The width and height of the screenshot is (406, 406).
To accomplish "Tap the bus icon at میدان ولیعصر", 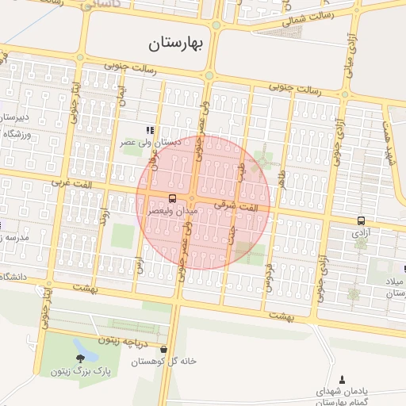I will [x=173, y=198].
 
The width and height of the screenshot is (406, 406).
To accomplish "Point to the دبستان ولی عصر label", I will [x=151, y=143].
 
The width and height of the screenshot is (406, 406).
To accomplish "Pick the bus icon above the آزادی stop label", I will [x=362, y=221].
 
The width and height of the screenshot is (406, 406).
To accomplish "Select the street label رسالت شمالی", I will [x=330, y=16].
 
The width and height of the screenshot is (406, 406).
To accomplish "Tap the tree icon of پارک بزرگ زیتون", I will [x=79, y=359].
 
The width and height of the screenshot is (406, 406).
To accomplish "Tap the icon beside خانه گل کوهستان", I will [x=164, y=349].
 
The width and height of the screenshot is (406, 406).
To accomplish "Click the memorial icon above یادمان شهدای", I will [x=343, y=380].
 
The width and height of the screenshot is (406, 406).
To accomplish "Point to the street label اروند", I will [x=104, y=216].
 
